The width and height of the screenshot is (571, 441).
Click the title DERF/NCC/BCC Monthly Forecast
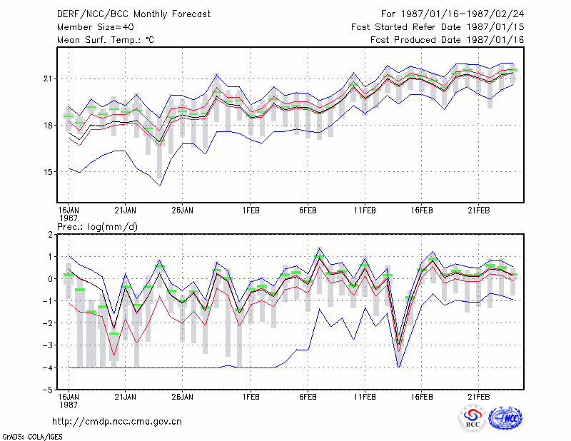133,14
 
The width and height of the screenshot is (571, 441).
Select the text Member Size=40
96,27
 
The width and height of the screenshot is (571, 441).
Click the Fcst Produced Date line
448,40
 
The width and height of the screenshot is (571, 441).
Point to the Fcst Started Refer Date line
438,27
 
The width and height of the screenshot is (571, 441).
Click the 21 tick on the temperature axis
48,78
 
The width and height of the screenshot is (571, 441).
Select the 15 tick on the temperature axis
48,172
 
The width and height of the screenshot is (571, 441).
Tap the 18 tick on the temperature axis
48,126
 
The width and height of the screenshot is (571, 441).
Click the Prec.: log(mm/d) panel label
97,227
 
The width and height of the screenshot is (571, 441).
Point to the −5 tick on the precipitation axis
48,390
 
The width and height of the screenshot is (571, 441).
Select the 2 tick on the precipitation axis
50,235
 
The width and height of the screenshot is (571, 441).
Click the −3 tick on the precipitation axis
48,345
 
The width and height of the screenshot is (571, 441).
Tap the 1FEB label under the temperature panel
251,211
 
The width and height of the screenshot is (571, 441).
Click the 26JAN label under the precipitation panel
183,397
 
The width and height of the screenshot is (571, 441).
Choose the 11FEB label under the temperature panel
365,211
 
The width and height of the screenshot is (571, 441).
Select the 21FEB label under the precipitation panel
479,397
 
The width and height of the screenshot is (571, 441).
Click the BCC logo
473,418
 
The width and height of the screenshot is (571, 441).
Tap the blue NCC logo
505,418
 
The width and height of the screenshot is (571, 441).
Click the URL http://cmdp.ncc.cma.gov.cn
117,422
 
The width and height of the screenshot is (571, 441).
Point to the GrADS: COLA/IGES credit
32,437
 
